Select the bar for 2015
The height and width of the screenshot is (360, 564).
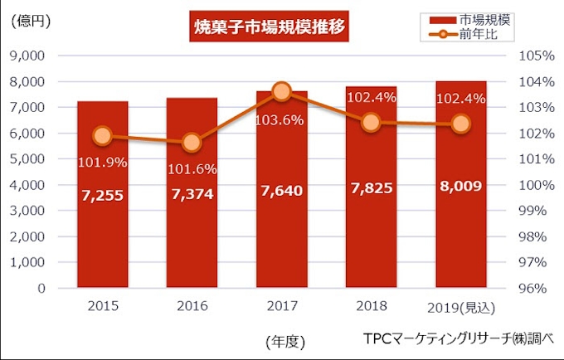103,241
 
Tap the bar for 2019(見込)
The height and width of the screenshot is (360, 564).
460,241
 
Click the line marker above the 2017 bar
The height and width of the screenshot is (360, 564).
281,91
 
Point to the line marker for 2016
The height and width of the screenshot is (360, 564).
192,143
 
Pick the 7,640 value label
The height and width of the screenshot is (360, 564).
282,192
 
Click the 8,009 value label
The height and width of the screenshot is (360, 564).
460,186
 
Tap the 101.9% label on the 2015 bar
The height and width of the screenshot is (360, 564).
103,163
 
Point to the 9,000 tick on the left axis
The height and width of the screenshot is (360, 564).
29,56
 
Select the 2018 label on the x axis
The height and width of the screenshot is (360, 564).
372,306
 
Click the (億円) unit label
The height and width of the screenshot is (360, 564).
31,22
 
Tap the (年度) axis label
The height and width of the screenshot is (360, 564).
286,341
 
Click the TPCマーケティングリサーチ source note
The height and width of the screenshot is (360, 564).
457,339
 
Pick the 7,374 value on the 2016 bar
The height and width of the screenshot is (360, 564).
192,193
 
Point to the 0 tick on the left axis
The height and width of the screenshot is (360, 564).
41,289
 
